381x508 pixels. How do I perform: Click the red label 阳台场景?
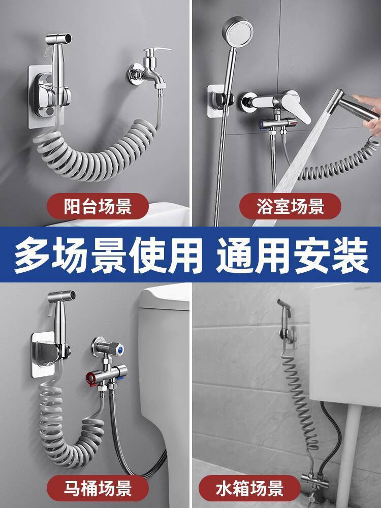(98, 206)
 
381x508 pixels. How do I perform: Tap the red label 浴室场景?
(290, 206)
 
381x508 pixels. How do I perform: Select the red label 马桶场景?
(98, 488)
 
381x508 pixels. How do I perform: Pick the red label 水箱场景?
(250, 488)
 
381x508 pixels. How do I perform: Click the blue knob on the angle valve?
(120, 350)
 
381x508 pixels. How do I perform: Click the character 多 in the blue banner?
(33, 255)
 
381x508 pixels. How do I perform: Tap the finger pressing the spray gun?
(366, 99)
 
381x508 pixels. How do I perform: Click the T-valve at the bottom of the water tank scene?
(311, 479)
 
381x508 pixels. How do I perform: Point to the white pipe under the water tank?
(348, 454)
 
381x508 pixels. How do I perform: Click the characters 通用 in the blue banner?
(255, 255)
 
